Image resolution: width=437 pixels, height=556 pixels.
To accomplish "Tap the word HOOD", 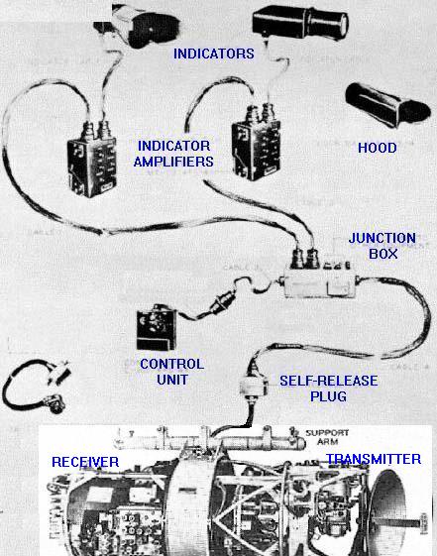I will pyautogui.click(x=376, y=148).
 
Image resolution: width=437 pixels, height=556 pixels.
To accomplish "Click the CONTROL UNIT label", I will pyautogui.click(x=171, y=372).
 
